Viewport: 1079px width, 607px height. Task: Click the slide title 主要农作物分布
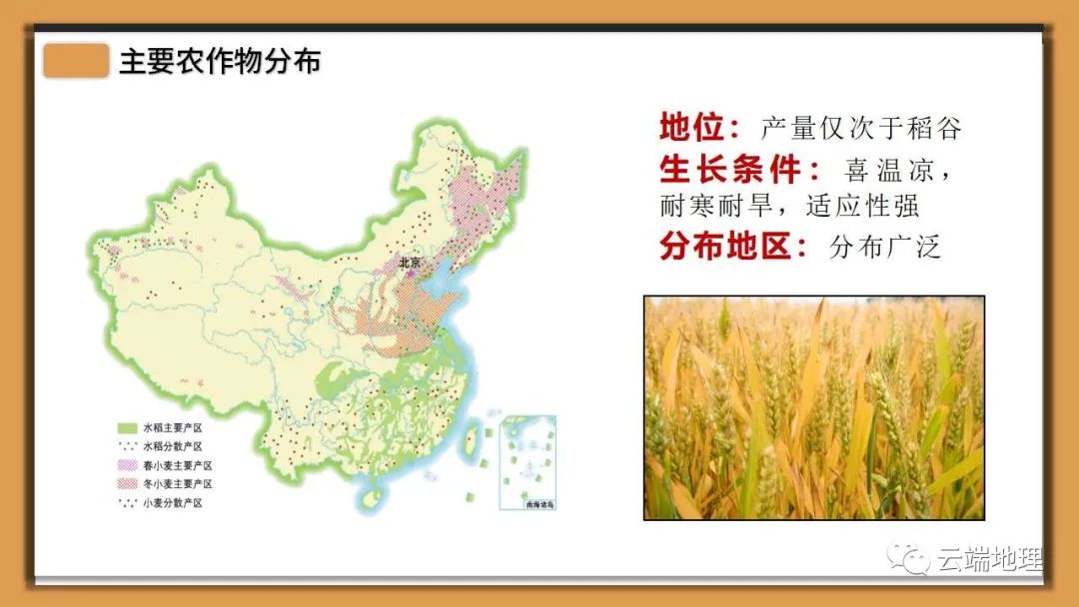tap(220, 61)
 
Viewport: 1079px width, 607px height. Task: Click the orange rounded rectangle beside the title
tap(76, 61)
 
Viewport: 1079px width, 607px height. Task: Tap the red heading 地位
tap(691, 127)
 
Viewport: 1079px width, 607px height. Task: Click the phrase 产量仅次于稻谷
tap(860, 129)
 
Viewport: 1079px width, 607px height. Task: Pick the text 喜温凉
tap(888, 170)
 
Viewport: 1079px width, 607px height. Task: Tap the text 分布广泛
tap(884, 247)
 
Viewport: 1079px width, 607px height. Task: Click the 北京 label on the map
tap(410, 262)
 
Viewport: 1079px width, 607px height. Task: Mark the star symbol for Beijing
tap(412, 274)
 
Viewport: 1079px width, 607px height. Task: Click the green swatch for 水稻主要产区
tap(128, 427)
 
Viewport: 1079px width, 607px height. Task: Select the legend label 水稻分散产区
tap(173, 447)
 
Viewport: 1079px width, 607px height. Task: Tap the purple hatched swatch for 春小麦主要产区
tap(128, 465)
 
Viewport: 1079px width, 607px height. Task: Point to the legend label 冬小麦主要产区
tap(178, 484)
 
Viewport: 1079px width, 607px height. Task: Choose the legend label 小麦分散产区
tap(173, 503)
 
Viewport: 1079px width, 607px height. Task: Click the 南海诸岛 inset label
tap(539, 504)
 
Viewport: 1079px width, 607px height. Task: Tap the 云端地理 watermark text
tap(989, 560)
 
